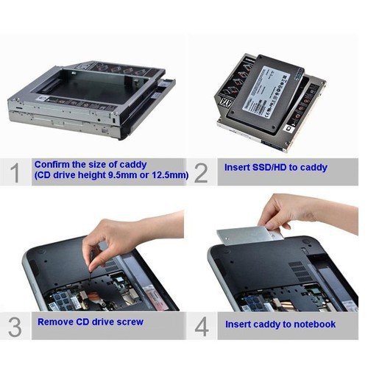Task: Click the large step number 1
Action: click(15, 172)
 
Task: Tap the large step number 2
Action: click(201, 172)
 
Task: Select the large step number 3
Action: click(15, 325)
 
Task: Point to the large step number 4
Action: click(201, 325)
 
